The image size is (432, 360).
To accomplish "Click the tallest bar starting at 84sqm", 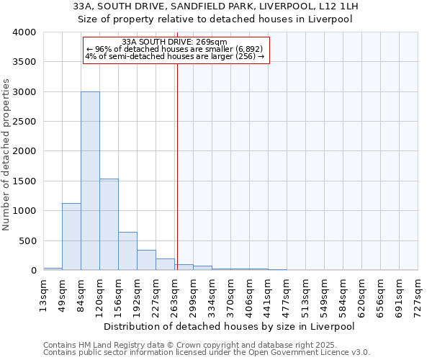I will click(x=90, y=181).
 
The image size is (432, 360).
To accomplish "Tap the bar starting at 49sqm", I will click(x=71, y=237).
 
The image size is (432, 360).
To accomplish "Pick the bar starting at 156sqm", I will click(x=127, y=251).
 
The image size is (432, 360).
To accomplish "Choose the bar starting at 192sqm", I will click(x=146, y=260).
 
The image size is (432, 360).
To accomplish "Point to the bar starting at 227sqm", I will click(x=165, y=264).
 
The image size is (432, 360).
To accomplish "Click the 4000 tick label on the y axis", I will click(x=24, y=33).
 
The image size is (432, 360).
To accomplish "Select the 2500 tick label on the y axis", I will click(x=24, y=122).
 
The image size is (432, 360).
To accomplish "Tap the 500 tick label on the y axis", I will click(x=27, y=241).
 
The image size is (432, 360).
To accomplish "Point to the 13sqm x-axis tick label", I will click(x=44, y=292).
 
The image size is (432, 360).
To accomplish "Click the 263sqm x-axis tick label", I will click(x=175, y=292).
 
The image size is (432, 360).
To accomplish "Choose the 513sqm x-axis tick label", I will click(x=306, y=292).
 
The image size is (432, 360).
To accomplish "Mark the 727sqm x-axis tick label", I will click(x=418, y=292).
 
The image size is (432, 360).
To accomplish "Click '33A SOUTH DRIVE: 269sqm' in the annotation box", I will click(x=175, y=42).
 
